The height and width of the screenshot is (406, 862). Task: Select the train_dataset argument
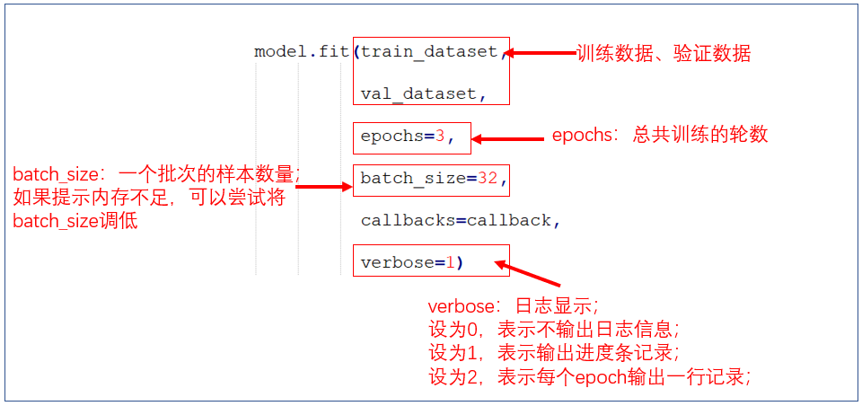pyautogui.click(x=429, y=51)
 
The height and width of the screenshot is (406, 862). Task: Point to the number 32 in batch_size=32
pyautogui.click(x=488, y=178)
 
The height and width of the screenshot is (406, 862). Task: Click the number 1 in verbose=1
pyautogui.click(x=451, y=262)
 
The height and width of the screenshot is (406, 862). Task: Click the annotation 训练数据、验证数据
pyautogui.click(x=663, y=54)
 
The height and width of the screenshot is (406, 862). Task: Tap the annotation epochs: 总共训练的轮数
pyautogui.click(x=660, y=136)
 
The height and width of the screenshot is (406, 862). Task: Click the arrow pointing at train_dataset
pyautogui.click(x=543, y=53)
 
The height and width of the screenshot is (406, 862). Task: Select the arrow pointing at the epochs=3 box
pyautogui.click(x=507, y=138)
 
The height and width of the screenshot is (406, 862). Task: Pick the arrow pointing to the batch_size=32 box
pyautogui.click(x=324, y=187)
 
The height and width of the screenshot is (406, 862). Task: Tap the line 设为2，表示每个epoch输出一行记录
pyautogui.click(x=589, y=376)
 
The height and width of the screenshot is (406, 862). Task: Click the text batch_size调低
pyautogui.click(x=75, y=221)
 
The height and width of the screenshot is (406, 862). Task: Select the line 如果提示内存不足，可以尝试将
pyautogui.click(x=149, y=198)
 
